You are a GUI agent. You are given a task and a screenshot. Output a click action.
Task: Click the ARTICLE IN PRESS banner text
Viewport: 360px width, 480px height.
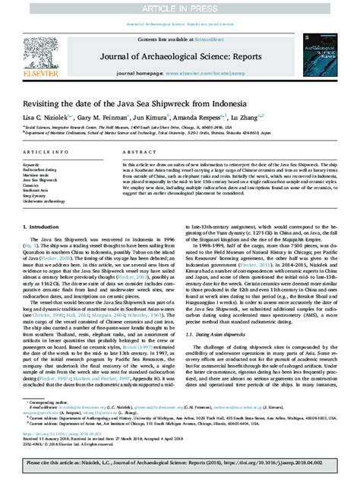point(179,6)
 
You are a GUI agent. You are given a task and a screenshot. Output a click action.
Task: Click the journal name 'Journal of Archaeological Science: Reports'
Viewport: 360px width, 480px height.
point(179,51)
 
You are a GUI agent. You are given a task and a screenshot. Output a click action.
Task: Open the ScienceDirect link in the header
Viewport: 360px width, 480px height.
point(204,38)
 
